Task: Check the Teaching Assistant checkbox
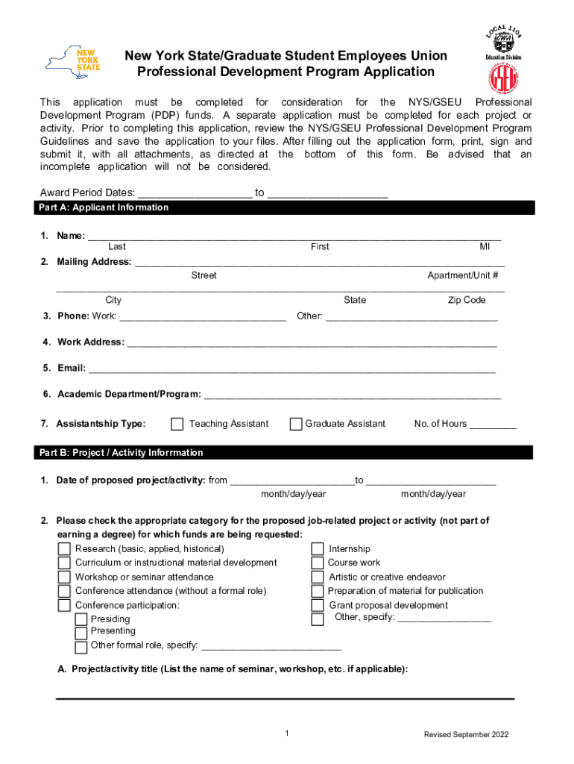pyautogui.click(x=177, y=425)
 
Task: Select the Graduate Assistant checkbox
pyautogui.click(x=296, y=425)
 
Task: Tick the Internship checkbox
pyautogui.click(x=318, y=549)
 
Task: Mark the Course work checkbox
pyautogui.click(x=318, y=563)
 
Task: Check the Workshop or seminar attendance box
pyautogui.click(x=65, y=577)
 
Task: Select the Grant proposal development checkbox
pyautogui.click(x=318, y=606)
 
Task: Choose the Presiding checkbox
pyautogui.click(x=81, y=620)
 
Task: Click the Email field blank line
pyautogui.click(x=291, y=368)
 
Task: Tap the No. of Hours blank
pyautogui.click(x=493, y=425)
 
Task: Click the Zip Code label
pyautogui.click(x=467, y=300)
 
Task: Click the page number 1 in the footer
pyautogui.click(x=287, y=735)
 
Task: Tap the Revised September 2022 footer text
pyautogui.click(x=466, y=735)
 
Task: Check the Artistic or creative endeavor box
pyautogui.click(x=318, y=577)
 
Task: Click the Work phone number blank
pyautogui.click(x=202, y=316)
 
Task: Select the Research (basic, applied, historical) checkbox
pyautogui.click(x=65, y=549)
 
